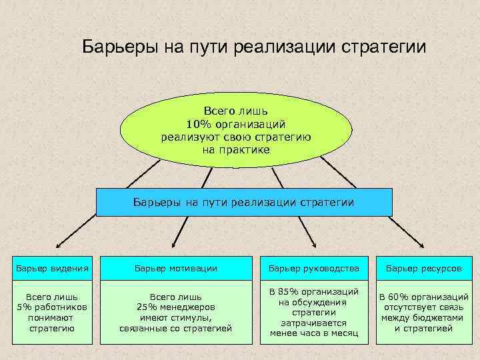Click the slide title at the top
[x=253, y=47]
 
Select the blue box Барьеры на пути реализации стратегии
[x=244, y=202]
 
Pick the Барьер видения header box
[x=51, y=268]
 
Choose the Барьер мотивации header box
[x=176, y=268]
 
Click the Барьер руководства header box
[x=313, y=268]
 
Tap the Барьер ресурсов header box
[x=424, y=268]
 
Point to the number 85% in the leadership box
[x=288, y=292]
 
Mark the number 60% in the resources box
[x=400, y=297]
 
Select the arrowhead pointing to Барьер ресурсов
[x=433, y=247]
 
